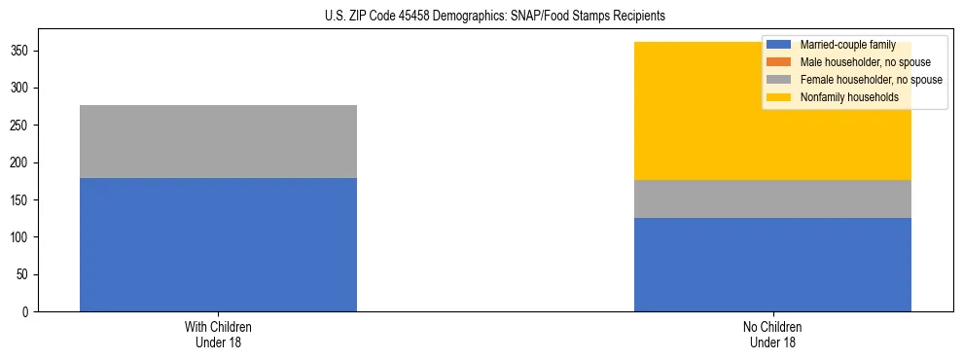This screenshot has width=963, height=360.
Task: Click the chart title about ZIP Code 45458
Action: pyautogui.click(x=495, y=17)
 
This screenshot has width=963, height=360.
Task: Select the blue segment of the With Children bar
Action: pyautogui.click(x=218, y=244)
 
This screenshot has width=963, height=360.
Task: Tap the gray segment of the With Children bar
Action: pyautogui.click(x=218, y=141)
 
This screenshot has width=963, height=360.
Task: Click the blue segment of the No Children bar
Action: pyautogui.click(x=772, y=265)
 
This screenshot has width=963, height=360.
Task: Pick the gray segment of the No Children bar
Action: pyautogui.click(x=772, y=198)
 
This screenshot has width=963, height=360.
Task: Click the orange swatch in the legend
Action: pyautogui.click(x=779, y=62)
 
